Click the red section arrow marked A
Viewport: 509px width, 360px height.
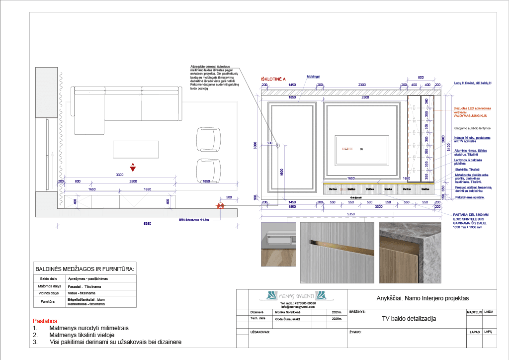[133, 168]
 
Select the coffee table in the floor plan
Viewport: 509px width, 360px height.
[136, 148]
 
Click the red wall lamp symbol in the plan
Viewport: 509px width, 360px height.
[219, 205]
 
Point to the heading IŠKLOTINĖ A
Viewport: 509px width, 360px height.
[273, 79]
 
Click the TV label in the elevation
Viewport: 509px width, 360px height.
[361, 149]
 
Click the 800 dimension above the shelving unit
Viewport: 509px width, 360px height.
[421, 77]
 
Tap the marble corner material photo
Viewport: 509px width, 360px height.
[410, 253]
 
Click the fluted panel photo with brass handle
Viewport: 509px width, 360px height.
[337, 253]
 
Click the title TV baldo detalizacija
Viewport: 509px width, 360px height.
[409, 319]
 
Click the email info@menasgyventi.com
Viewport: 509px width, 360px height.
[298, 307]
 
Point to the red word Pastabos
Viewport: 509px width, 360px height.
[45, 321]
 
